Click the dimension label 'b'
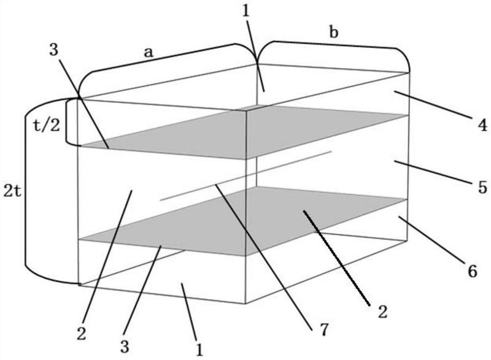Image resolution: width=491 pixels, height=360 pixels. pyautogui.click(x=334, y=33)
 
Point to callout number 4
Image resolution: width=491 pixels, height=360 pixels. pyautogui.click(x=482, y=125)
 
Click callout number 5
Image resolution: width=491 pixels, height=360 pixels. pyautogui.click(x=482, y=188)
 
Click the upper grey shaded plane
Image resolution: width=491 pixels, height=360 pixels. pyautogui.click(x=245, y=132)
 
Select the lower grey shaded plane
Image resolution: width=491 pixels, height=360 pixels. pyautogui.click(x=245, y=221)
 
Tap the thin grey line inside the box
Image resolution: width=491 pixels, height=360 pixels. pyautogui.click(x=245, y=174)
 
